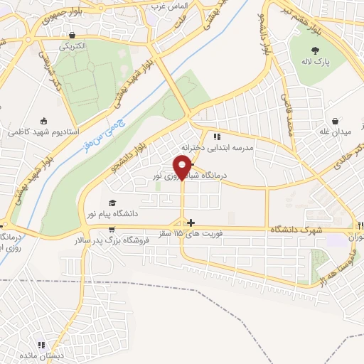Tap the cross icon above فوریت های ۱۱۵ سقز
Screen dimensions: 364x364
point(191,223)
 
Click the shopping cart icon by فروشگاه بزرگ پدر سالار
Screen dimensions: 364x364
point(112,230)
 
